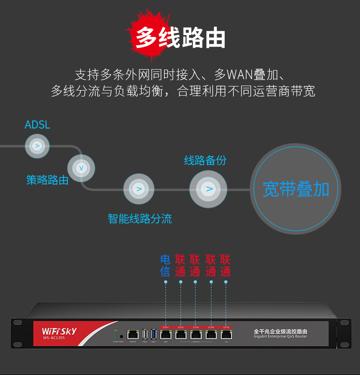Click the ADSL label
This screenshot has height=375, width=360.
[37, 125]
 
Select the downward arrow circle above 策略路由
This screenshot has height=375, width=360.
[81, 168]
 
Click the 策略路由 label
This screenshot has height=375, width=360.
[47, 180]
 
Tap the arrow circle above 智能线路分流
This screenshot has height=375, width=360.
[139, 189]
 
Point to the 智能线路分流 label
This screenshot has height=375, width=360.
[140, 219]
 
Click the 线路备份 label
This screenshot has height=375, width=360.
[205, 160]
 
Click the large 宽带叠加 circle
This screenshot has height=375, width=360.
[296, 189]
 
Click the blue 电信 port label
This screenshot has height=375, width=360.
[165, 266]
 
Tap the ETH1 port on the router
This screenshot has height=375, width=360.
[165, 334]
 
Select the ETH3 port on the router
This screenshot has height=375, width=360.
[195, 334]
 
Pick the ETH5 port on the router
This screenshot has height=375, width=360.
[226, 334]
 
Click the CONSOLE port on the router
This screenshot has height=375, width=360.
[133, 334]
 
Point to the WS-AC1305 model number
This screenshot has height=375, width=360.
[54, 338]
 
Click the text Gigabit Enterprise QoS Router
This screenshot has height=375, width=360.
[280, 337]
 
